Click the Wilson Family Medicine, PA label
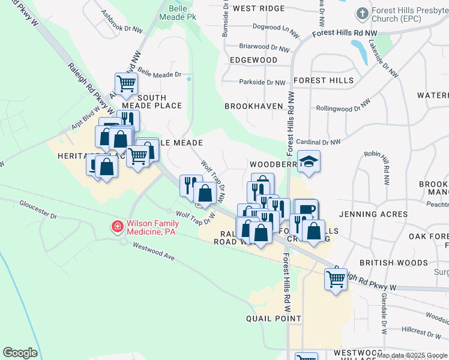(x=160, y=227)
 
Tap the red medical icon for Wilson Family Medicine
(x=116, y=227)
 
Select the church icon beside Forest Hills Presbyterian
(x=362, y=13)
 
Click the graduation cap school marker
(x=309, y=161)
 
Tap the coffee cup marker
(x=306, y=209)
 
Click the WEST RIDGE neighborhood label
(x=258, y=8)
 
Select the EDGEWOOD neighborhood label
(x=253, y=61)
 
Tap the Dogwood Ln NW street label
(x=276, y=28)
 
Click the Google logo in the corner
(x=20, y=353)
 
